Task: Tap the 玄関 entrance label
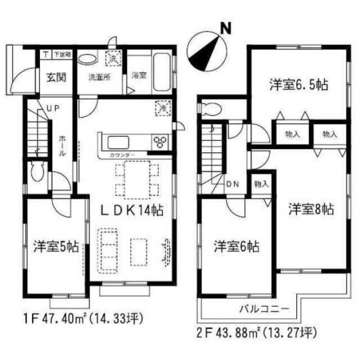[55, 77]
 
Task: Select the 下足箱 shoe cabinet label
[63, 55]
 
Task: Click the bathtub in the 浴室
[162, 73]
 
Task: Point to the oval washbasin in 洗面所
[87, 59]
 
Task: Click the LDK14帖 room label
[131, 210]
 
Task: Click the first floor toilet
[37, 173]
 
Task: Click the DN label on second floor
[233, 184]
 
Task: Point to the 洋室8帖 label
[311, 209]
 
